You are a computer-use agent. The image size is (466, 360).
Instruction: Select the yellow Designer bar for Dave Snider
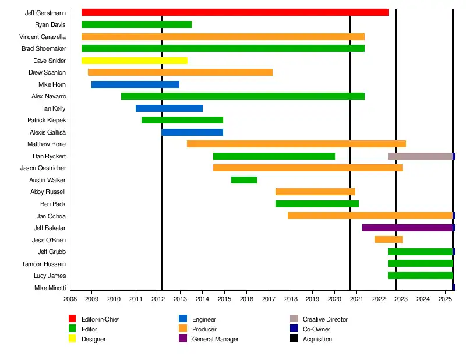tap(134, 61)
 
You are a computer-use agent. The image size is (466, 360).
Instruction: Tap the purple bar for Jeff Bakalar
tap(407, 228)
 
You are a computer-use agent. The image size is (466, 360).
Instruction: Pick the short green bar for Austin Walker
tap(244, 180)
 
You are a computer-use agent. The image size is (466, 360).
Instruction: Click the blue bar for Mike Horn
tap(135, 84)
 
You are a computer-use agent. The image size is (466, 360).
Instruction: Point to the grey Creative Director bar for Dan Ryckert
tap(420, 156)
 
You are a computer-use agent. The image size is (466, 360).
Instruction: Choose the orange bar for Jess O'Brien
tap(388, 239)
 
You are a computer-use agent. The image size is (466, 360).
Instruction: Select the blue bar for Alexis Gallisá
tap(192, 132)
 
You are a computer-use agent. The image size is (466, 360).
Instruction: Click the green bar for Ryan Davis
tap(136, 24)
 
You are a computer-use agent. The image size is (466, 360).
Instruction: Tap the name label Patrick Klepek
tap(47, 120)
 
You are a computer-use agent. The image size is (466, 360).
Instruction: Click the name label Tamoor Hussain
tap(44, 264)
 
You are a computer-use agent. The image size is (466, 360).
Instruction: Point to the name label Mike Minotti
tap(50, 288)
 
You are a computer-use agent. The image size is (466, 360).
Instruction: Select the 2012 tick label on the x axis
tap(158, 299)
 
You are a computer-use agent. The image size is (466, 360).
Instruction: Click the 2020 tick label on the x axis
tap(334, 299)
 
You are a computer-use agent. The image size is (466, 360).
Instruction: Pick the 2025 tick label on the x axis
tap(445, 299)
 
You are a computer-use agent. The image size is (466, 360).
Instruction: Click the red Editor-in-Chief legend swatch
tap(72, 319)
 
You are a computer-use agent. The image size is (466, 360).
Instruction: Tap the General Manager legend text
tap(215, 339)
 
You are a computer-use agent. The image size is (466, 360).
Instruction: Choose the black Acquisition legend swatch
tap(294, 338)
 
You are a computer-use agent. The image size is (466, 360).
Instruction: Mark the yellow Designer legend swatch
tap(72, 338)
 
